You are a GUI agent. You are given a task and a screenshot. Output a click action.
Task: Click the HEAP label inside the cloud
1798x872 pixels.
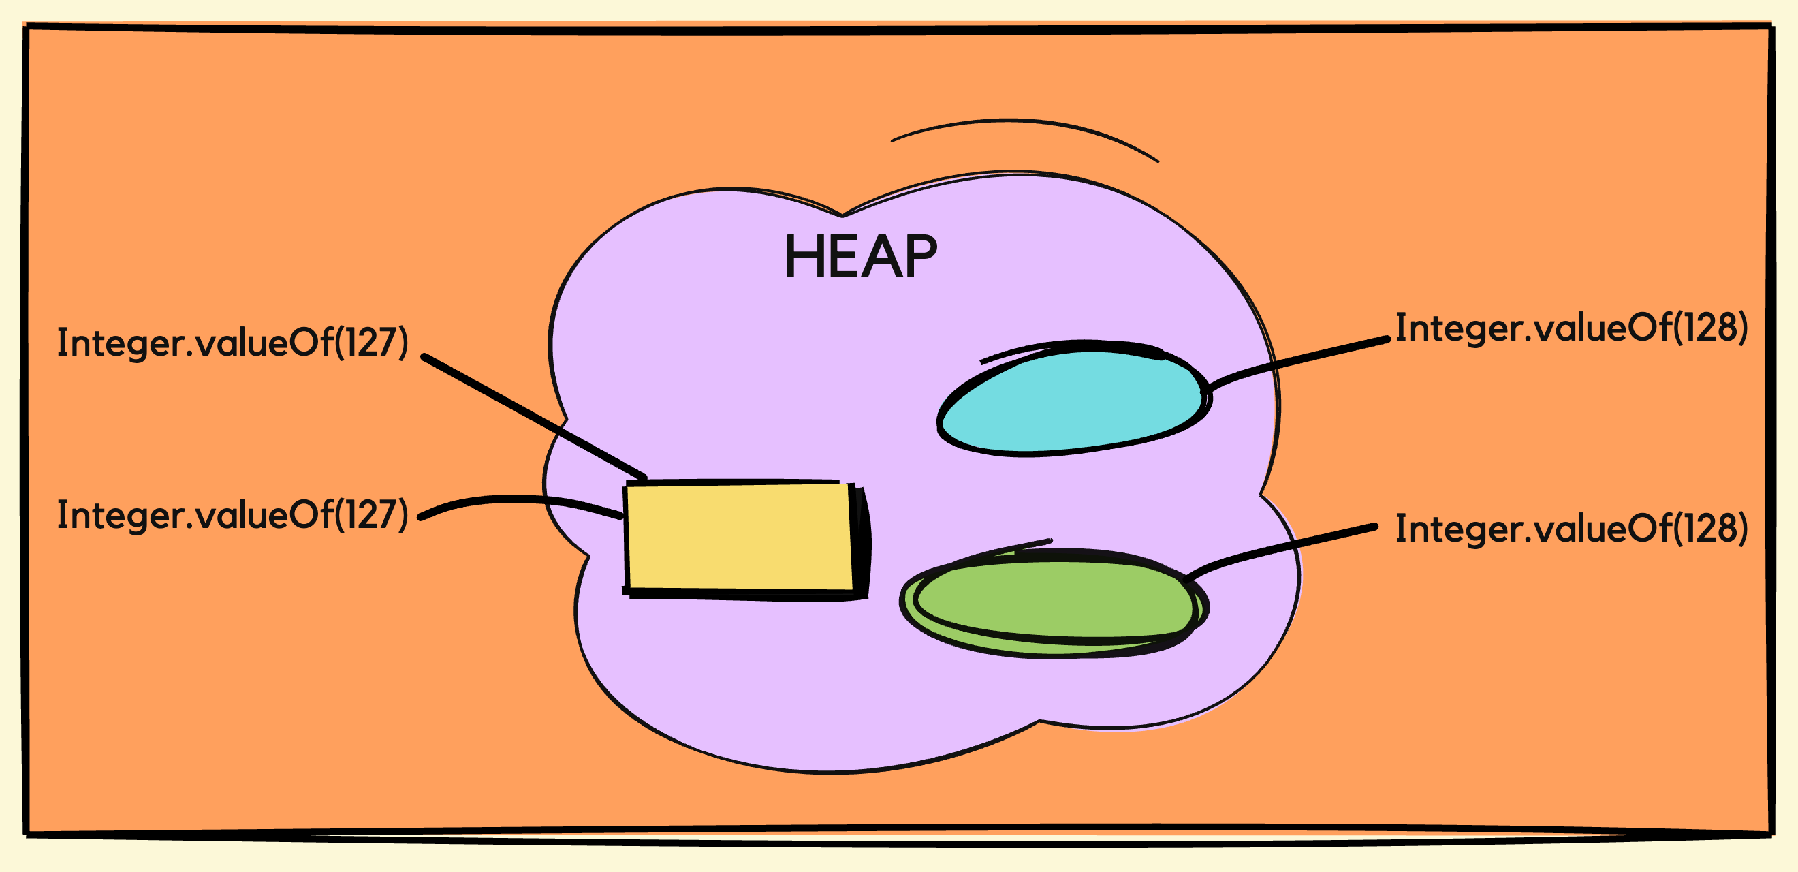pyautogui.click(x=861, y=257)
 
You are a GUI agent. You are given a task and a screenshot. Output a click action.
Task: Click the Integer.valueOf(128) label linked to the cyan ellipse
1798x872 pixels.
pyautogui.click(x=1571, y=328)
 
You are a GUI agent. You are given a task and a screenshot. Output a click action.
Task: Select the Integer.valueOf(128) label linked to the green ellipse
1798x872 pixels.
pyautogui.click(x=1571, y=529)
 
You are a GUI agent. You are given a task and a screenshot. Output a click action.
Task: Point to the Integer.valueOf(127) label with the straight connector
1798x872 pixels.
pyautogui.click(x=232, y=342)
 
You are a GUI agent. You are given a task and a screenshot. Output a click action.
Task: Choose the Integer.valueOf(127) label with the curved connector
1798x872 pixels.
pyautogui.click(x=232, y=515)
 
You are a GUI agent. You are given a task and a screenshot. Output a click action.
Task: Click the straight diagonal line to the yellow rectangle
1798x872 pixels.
pyautogui.click(x=534, y=417)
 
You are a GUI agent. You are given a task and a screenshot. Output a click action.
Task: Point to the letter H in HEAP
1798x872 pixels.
pyautogui.click(x=802, y=257)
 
